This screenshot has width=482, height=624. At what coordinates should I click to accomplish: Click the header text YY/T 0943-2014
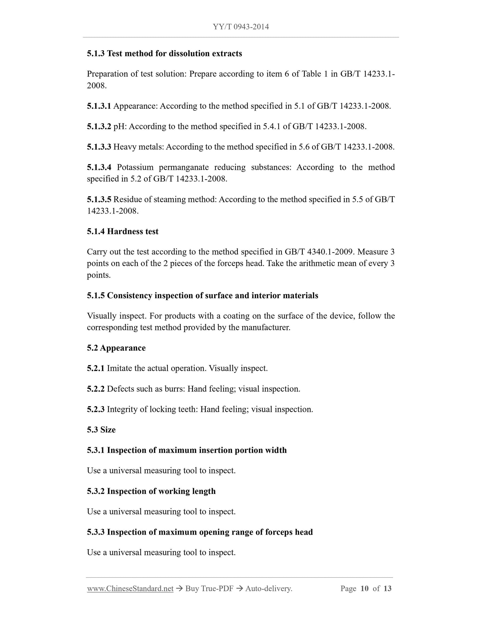click(x=241, y=27)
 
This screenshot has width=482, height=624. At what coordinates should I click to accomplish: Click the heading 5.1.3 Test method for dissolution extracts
click(x=164, y=53)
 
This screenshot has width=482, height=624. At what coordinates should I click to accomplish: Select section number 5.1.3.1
click(x=99, y=106)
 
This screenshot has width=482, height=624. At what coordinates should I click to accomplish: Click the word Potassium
click(x=135, y=167)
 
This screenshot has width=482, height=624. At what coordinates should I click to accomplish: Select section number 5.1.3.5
click(x=99, y=200)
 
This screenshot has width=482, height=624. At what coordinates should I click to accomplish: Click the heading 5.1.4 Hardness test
click(x=122, y=232)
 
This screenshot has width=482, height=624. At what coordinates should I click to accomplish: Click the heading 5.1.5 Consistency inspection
click(x=202, y=296)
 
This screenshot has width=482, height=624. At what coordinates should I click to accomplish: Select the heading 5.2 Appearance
click(x=116, y=348)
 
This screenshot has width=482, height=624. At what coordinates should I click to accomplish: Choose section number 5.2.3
click(x=95, y=409)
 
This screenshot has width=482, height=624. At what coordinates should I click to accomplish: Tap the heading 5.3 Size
click(x=101, y=430)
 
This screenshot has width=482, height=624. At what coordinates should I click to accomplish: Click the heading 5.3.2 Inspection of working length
click(x=151, y=491)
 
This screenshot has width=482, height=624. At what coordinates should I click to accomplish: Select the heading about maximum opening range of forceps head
click(x=200, y=532)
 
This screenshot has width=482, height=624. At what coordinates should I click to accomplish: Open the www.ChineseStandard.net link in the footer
click(x=130, y=589)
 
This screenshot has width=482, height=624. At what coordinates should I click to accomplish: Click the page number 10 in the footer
click(x=365, y=589)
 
